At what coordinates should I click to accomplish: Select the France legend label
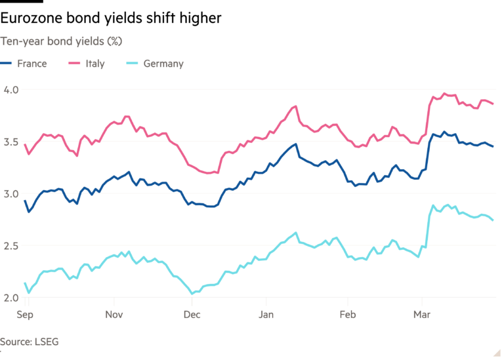coord(32,64)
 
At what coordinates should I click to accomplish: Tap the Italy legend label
coord(94,64)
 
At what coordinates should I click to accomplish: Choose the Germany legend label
coord(163,64)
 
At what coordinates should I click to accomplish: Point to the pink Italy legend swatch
coord(75,64)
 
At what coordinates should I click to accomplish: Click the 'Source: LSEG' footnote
coord(25,342)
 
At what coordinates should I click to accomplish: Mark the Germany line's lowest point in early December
coord(191,293)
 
